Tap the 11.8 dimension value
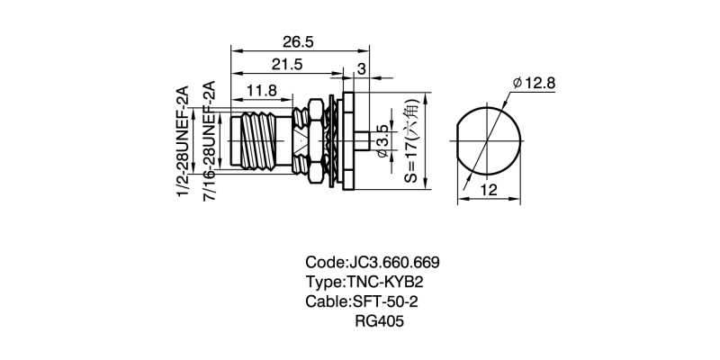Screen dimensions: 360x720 pos(261,90)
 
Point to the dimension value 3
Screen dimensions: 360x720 pos(361,68)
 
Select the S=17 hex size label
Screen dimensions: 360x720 pos(410,142)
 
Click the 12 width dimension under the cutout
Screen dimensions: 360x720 pos(489,189)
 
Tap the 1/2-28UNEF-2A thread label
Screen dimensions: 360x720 pos(183,142)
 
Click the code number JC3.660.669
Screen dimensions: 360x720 pos(392,263)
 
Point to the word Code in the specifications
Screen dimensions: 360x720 pos(325,263)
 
